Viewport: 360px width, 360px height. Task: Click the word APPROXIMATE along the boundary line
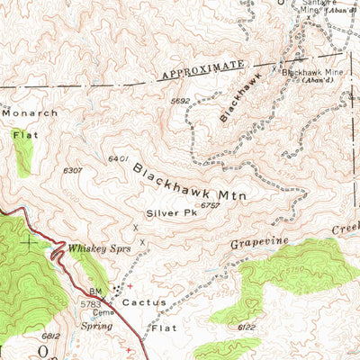click(x=202, y=71)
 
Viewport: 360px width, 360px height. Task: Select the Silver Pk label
click(x=165, y=214)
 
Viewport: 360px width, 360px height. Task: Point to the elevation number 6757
click(x=211, y=206)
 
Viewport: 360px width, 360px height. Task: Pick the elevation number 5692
click(x=182, y=102)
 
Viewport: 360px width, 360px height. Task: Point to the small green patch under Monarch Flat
click(x=22, y=151)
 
